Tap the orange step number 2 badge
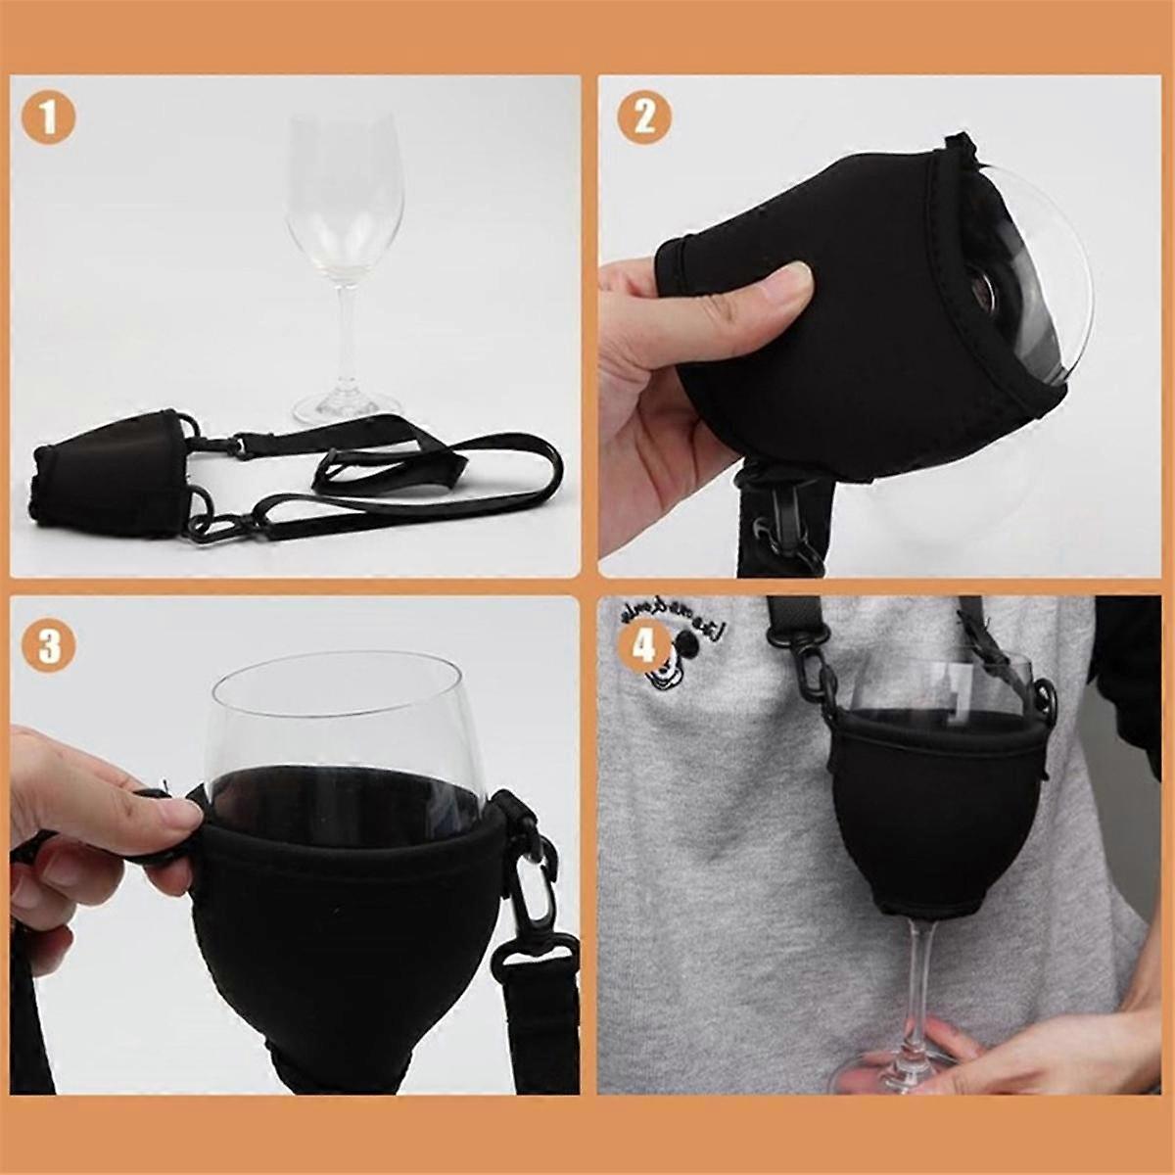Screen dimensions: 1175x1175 pyautogui.click(x=644, y=119)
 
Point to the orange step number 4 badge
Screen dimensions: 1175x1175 pyautogui.click(x=644, y=647)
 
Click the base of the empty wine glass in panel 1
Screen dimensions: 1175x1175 pyautogui.click(x=348, y=404)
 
